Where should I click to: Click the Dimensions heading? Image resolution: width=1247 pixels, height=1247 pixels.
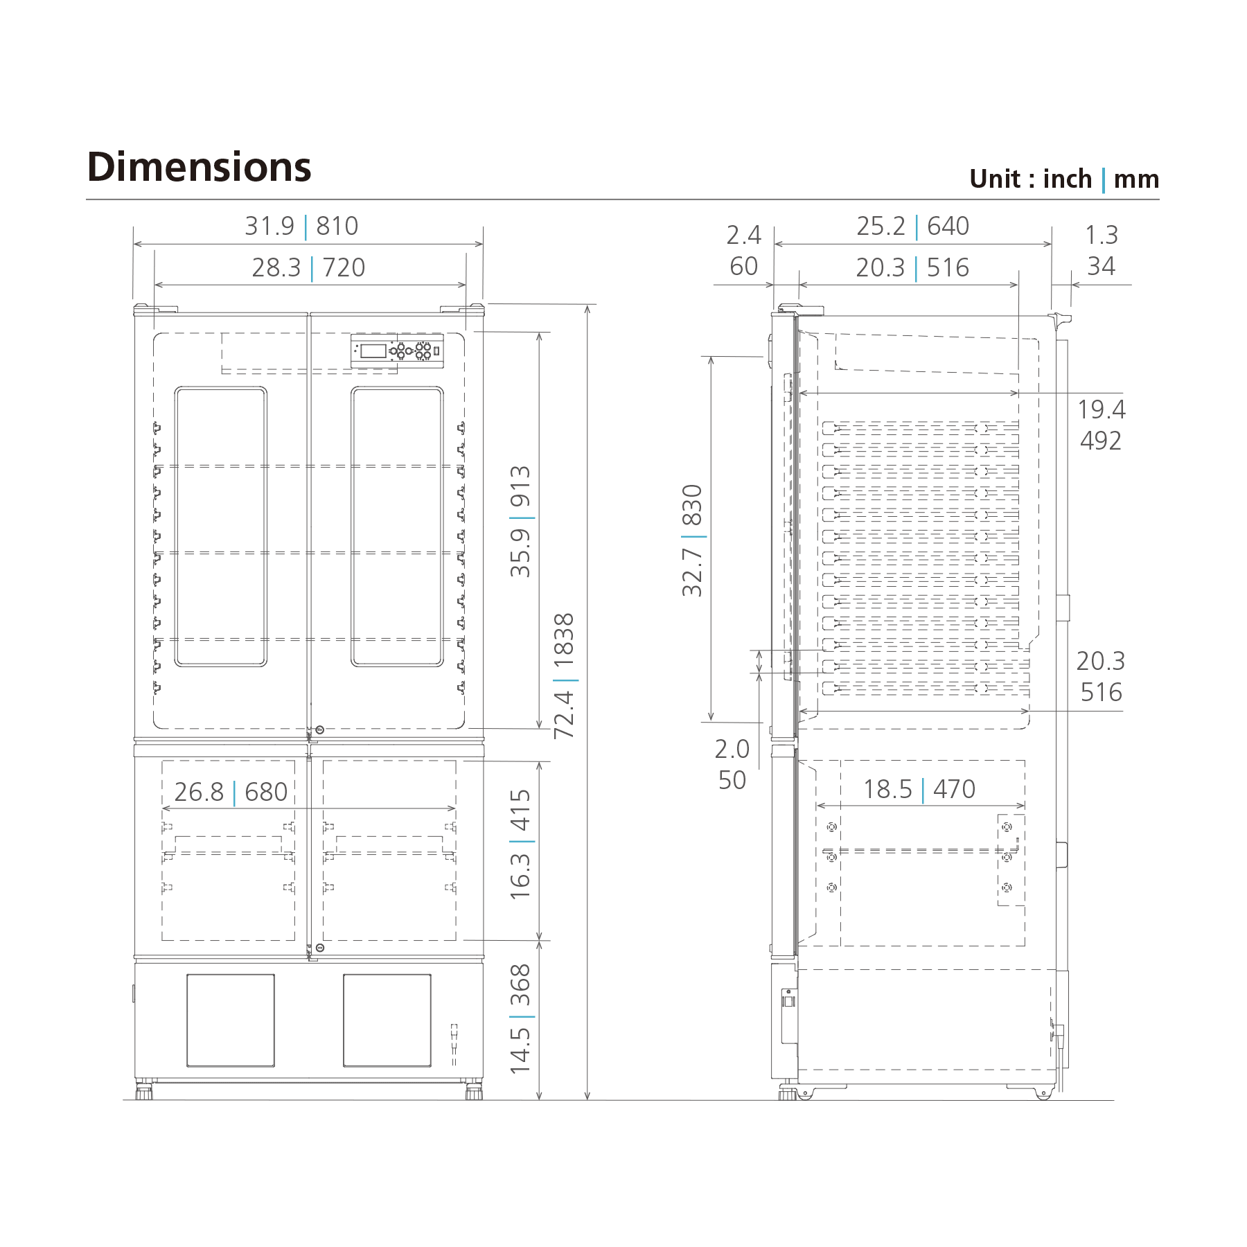[x=199, y=168]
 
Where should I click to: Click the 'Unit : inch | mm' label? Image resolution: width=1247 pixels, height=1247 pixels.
[x=1063, y=179]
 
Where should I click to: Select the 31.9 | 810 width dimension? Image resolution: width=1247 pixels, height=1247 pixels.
[x=301, y=227]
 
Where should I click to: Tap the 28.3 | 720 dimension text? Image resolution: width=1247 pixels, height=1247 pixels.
[x=308, y=268]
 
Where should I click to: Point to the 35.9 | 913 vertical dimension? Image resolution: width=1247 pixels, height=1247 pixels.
[x=520, y=521]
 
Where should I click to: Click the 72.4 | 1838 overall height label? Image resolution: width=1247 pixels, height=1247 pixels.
[x=565, y=675]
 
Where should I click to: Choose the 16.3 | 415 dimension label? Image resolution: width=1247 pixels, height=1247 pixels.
[x=520, y=844]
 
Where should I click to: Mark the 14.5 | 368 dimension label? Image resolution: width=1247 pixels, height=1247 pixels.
[x=520, y=1018]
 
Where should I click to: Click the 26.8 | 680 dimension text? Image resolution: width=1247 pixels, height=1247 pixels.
[x=231, y=792]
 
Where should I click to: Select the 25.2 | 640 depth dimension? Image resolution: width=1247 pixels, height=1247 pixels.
[x=912, y=227]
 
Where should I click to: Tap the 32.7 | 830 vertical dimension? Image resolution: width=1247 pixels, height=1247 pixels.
[x=692, y=540]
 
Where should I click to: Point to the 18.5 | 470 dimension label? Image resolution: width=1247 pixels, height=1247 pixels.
[x=919, y=790]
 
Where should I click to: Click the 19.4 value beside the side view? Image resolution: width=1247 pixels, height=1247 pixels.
[x=1101, y=409]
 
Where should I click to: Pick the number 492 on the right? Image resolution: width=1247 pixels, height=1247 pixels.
[x=1100, y=441]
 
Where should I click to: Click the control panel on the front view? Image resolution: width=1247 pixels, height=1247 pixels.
[x=397, y=351]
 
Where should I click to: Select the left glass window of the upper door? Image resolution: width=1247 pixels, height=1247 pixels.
[x=220, y=527]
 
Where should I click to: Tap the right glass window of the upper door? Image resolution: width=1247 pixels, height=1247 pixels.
[x=397, y=527]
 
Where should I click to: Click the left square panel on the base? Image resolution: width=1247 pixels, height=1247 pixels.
[x=231, y=1020]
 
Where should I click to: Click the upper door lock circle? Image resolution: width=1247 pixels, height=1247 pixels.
[x=319, y=730]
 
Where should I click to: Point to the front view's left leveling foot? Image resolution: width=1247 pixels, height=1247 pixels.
[x=144, y=1091]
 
